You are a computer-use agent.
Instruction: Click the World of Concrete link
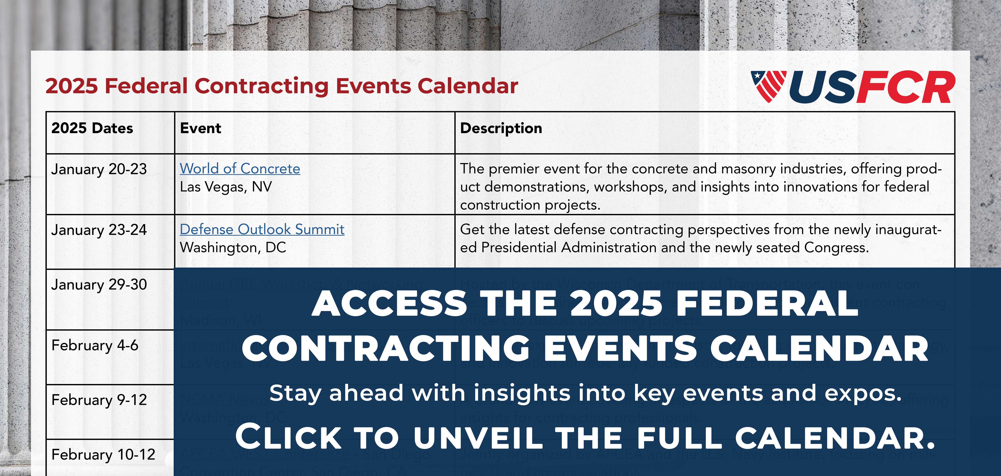[x=240, y=169]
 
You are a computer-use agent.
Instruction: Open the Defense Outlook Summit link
[x=262, y=229]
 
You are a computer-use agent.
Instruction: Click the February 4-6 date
[x=95, y=345]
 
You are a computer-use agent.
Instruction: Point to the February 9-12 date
[x=99, y=400]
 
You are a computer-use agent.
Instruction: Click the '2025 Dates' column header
[x=92, y=128]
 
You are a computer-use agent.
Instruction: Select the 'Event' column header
[x=201, y=128]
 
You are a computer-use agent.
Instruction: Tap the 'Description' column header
[x=501, y=128]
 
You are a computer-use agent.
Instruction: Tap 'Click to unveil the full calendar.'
[x=585, y=437]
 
